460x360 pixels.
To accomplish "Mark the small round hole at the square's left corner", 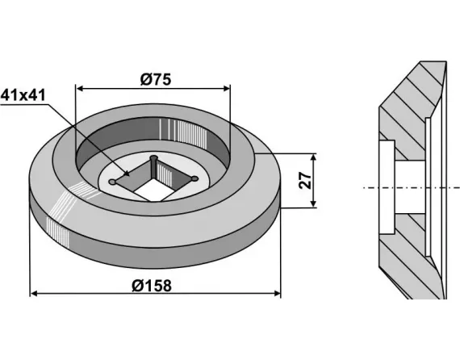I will (x=115, y=183).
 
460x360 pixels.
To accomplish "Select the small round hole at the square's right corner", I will (x=194, y=178).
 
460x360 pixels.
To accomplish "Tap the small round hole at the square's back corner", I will (x=153, y=157).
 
